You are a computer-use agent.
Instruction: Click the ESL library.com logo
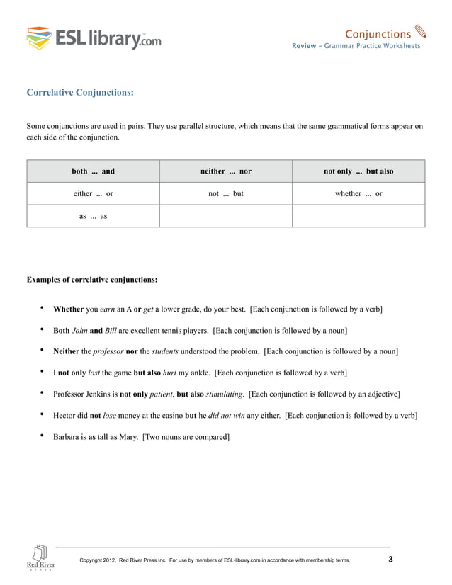tap(94, 38)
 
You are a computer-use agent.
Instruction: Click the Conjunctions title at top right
tap(377, 34)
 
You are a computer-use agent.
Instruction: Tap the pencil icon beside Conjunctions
tap(420, 32)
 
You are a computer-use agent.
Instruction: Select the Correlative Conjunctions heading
tap(79, 92)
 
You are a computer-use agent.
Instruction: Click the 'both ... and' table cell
tap(93, 171)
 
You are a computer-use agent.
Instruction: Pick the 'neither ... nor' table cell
tap(225, 171)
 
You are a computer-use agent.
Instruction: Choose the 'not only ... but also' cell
tap(358, 171)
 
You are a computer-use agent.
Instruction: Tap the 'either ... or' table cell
tap(93, 193)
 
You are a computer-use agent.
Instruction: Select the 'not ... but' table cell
tap(225, 193)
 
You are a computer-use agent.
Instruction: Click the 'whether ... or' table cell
tap(358, 193)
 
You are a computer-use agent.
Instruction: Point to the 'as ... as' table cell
tap(93, 216)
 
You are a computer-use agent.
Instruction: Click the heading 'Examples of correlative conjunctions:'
tap(91, 280)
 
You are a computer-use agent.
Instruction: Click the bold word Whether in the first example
tap(69, 309)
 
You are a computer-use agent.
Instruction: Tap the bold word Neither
tap(69, 351)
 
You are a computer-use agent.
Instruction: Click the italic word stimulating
tap(225, 393)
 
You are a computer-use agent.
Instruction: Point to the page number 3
tap(390, 560)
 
